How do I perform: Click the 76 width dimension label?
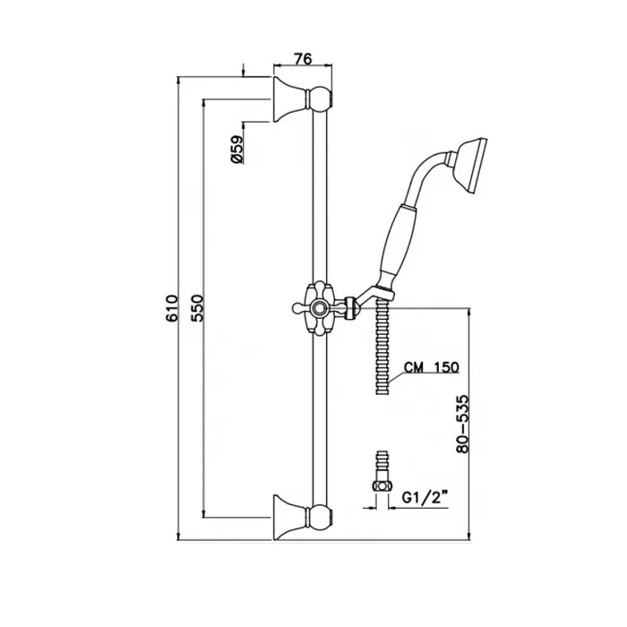tap(303, 59)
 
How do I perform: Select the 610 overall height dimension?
tap(172, 308)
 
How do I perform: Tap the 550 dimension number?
tap(197, 308)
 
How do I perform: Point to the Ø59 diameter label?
tap(236, 150)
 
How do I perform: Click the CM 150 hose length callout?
tap(432, 367)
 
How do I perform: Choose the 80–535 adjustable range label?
tap(463, 424)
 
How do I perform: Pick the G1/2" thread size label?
tap(424, 498)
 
